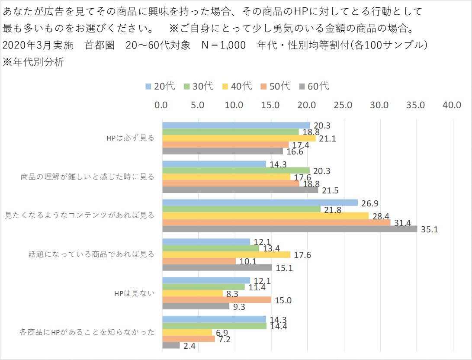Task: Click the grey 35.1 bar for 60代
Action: point(290,229)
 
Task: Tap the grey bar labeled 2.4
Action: point(171,345)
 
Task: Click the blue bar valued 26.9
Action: point(260,203)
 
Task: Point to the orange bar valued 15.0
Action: point(216,300)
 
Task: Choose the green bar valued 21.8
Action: point(241,209)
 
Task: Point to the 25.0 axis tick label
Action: point(344,105)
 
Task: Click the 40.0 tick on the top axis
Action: point(453,105)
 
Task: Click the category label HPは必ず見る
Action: point(130,138)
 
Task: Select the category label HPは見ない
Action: point(134,293)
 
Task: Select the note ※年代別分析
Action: point(33,62)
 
